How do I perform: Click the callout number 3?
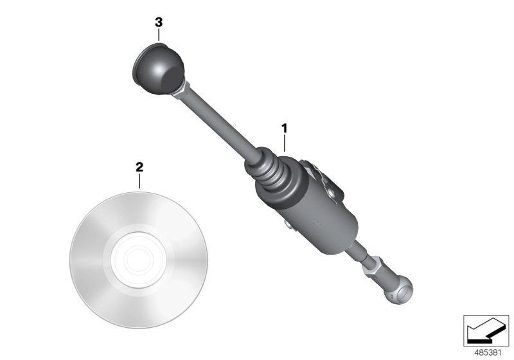click(x=159, y=22)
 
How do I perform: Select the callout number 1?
click(x=284, y=129)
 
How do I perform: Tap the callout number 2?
click(x=139, y=167)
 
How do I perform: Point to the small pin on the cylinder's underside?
click(x=288, y=224)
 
